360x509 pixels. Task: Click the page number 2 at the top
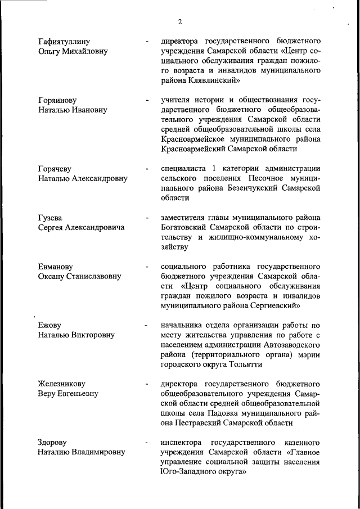(x=179, y=22)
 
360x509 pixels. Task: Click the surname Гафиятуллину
(x=64, y=42)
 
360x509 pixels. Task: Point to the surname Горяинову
(x=57, y=100)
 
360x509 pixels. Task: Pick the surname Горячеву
(x=55, y=169)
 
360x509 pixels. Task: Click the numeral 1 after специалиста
(x=214, y=169)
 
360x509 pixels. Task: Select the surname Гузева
(x=51, y=218)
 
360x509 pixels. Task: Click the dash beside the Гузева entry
(x=146, y=218)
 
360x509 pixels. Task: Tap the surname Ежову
(x=49, y=325)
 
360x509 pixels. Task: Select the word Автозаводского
(x=290, y=344)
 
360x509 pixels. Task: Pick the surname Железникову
(x=63, y=384)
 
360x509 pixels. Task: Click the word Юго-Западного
(x=189, y=471)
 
